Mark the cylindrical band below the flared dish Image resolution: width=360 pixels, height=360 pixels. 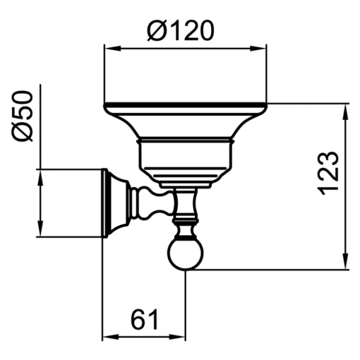click(185, 155)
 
